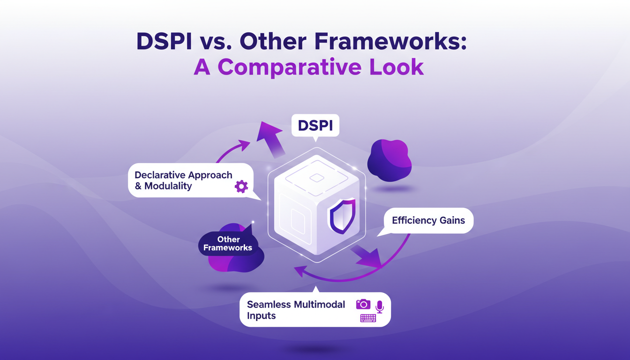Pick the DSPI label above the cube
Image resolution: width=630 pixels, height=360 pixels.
(x=315, y=126)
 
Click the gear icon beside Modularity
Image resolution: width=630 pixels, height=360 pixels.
(x=241, y=187)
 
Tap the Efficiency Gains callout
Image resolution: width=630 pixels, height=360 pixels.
(x=428, y=220)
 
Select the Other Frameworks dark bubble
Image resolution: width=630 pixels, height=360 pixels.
(x=228, y=244)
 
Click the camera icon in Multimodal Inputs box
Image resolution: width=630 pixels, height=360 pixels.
(x=363, y=305)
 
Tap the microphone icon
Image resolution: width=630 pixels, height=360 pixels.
(x=379, y=307)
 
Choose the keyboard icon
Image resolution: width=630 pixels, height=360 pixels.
(x=368, y=318)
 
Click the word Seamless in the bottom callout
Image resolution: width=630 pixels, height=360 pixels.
(x=269, y=305)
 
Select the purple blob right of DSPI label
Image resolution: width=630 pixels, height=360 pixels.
(x=389, y=160)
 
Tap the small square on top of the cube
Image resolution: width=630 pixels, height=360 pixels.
(x=317, y=178)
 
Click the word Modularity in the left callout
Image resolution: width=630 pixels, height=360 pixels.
(x=168, y=186)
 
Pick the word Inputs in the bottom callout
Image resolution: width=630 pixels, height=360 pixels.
(x=261, y=316)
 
